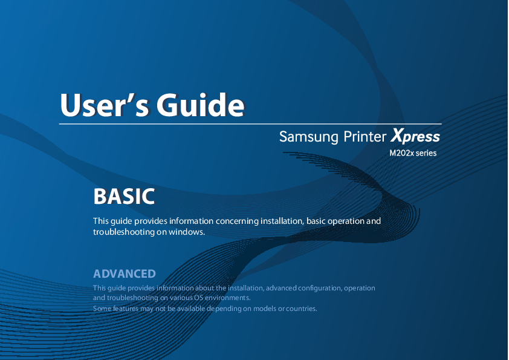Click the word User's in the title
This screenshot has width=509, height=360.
[x=105, y=105]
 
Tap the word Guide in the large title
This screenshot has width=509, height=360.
[x=200, y=105]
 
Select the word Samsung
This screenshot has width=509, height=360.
[x=309, y=137]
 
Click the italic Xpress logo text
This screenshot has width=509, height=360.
[x=415, y=136]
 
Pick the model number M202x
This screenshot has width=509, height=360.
[x=402, y=153]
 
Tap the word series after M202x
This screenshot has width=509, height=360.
[x=426, y=153]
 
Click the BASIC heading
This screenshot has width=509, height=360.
[x=124, y=196]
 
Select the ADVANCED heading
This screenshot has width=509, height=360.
[x=125, y=273]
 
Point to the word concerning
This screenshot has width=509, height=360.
[x=238, y=221]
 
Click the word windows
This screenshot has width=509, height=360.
[x=187, y=232]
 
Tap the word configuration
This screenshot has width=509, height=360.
[x=319, y=288]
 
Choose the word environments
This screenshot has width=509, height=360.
[x=227, y=298]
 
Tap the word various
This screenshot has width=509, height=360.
[x=181, y=298]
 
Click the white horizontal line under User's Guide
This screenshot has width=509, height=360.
[x=250, y=124]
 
